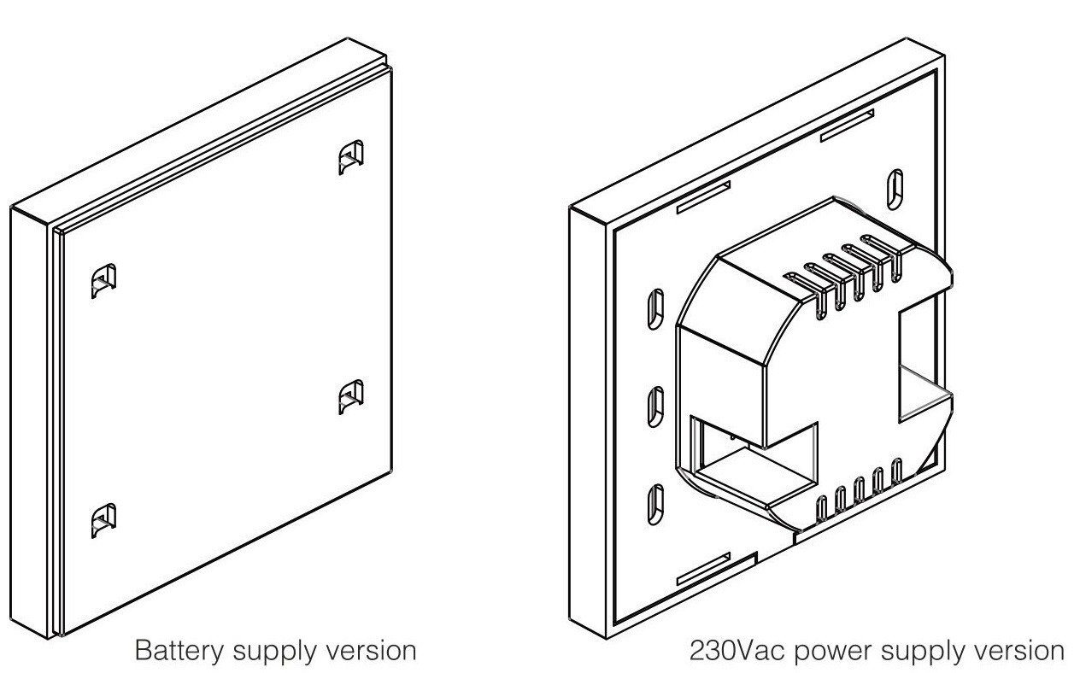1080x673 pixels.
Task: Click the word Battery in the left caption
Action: (179, 652)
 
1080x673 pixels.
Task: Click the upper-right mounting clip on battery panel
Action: (351, 157)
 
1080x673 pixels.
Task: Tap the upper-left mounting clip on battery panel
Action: (103, 281)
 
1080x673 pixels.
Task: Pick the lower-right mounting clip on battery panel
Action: (351, 397)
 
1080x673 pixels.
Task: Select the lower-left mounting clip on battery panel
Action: (103, 520)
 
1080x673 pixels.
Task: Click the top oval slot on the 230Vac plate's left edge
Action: (655, 309)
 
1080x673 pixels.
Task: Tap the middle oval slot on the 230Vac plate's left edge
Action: (655, 407)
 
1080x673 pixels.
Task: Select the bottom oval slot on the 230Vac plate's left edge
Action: (655, 504)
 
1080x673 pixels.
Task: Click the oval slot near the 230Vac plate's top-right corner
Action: (895, 190)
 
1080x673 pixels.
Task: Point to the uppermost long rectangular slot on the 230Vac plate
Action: (847, 126)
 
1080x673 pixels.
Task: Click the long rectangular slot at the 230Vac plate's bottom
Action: (704, 569)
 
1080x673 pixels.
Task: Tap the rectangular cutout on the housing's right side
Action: (917, 360)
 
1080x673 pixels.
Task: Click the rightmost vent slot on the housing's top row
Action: (883, 258)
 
